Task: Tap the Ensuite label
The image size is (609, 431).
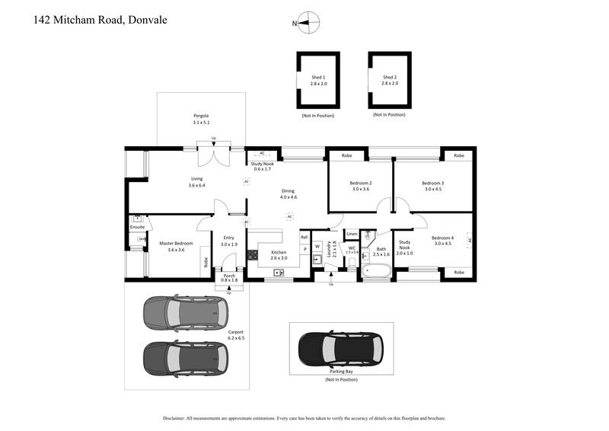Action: pyautogui.click(x=137, y=227)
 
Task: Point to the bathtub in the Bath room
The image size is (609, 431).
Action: pyautogui.click(x=378, y=270)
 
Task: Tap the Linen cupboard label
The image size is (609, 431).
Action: pyautogui.click(x=352, y=234)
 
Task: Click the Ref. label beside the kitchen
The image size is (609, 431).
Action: pyautogui.click(x=304, y=238)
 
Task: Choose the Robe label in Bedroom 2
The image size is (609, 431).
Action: pyautogui.click(x=346, y=155)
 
